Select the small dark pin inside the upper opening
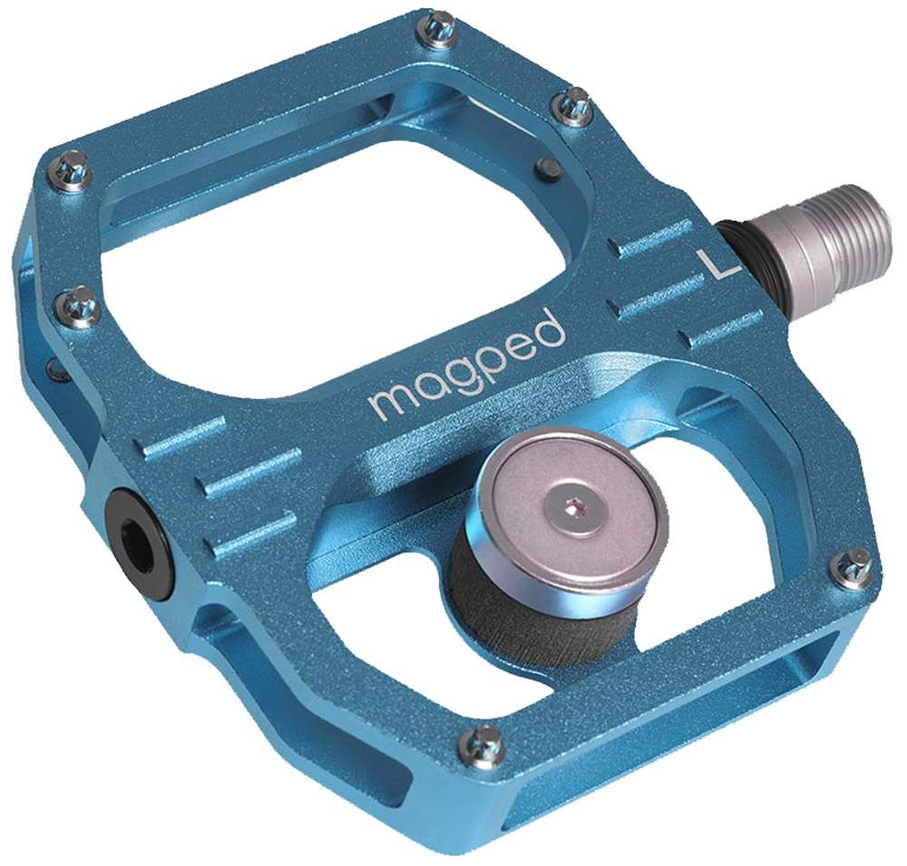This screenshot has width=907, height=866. (547, 166)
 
